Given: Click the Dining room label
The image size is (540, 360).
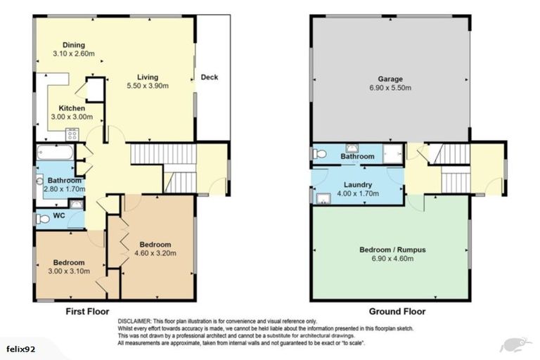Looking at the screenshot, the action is click(x=74, y=45).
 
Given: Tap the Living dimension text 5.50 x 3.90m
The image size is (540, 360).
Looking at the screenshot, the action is click(x=148, y=86).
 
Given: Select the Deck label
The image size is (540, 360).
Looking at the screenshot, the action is click(x=210, y=77).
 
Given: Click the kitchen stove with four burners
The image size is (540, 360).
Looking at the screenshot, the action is click(x=72, y=134).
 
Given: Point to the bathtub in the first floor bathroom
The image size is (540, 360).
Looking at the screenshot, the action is click(x=55, y=153).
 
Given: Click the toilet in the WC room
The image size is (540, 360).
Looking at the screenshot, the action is click(x=42, y=219).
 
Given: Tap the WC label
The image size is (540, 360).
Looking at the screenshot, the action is click(x=59, y=216).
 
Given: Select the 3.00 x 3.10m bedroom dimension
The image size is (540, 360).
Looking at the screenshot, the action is click(x=69, y=271).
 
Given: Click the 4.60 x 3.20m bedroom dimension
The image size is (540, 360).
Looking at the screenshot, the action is click(x=155, y=253).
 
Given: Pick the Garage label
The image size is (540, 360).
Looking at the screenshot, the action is click(x=390, y=79).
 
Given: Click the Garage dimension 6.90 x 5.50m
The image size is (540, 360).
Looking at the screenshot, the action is click(x=390, y=88).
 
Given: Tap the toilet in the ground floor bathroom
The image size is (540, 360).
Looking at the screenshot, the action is click(x=320, y=154).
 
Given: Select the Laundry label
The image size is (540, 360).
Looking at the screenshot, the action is click(x=358, y=185).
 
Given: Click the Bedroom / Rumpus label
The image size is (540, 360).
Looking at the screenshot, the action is click(x=392, y=250).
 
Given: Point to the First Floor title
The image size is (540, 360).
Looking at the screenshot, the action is click(x=87, y=311).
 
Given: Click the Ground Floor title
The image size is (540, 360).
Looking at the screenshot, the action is click(x=397, y=311).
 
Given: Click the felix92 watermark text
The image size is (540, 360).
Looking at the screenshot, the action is click(x=20, y=349).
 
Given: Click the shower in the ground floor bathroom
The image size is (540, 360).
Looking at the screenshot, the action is click(x=393, y=154).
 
